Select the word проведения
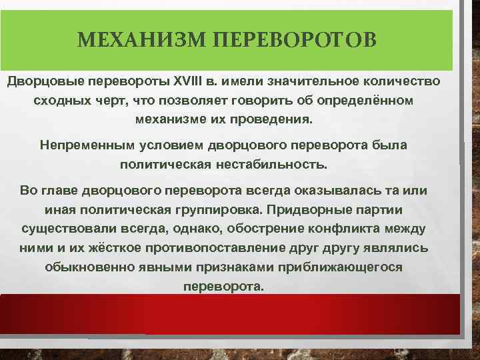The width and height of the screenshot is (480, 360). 274,121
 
